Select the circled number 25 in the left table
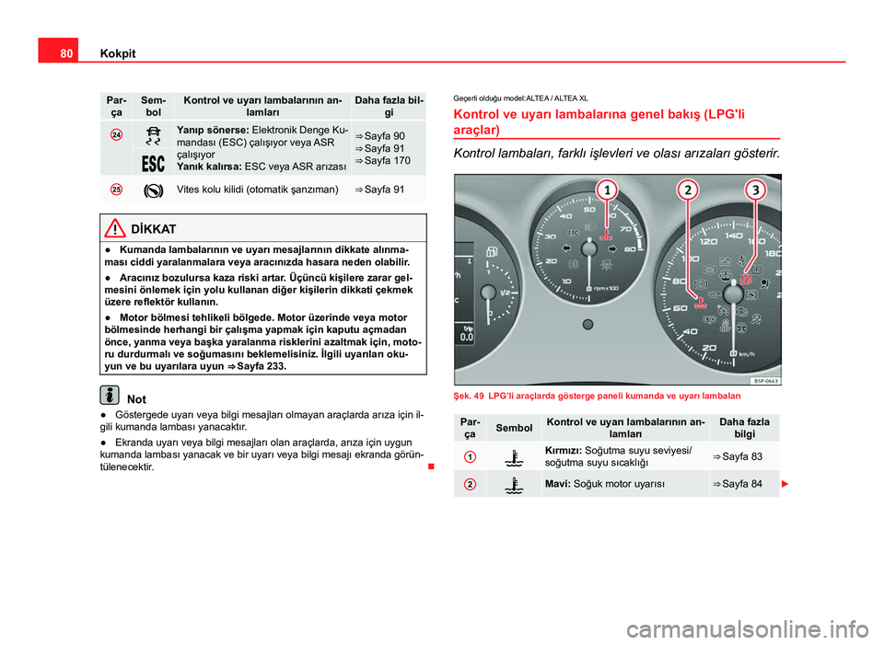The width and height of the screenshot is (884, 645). coord(116,190)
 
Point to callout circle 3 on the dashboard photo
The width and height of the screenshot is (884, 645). coord(754,191)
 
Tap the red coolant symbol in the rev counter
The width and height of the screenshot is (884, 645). coord(605,237)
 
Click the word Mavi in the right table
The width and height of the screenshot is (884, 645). coord(556,484)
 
